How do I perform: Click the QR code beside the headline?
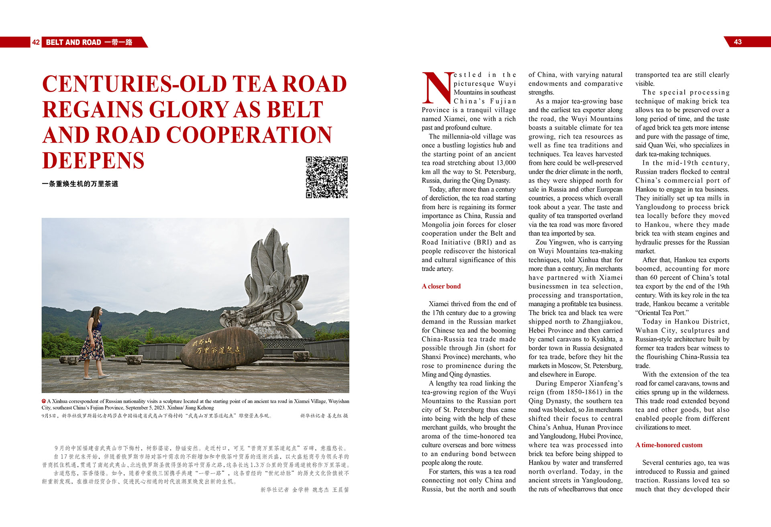point(326,177)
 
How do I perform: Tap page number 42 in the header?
point(36,42)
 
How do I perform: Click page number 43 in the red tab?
point(738,42)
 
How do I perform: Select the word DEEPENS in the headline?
point(93,160)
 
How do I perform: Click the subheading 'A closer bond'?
point(441,286)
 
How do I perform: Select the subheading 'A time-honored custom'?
point(669,445)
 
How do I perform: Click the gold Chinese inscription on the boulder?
point(217,347)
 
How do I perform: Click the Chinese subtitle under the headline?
point(80,184)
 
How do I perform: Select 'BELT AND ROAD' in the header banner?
point(73,42)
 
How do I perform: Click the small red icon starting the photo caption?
point(44,401)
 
